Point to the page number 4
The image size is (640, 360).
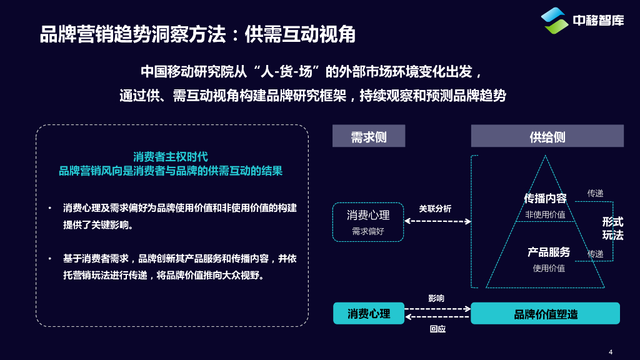[611, 351]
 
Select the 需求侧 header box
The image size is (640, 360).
[369, 136]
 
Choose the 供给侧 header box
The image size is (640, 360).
[547, 136]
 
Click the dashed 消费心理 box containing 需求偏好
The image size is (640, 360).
[368, 222]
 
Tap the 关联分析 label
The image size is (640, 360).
[435, 209]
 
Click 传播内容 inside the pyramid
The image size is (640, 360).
[545, 199]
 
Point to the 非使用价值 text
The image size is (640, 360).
[545, 214]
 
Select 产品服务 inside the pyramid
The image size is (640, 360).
[549, 252]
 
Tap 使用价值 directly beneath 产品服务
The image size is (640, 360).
[549, 268]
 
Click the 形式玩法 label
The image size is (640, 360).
[612, 229]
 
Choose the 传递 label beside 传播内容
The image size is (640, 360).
[595, 194]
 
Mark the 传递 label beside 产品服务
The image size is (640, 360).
[595, 254]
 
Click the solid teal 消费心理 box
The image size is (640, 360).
[368, 314]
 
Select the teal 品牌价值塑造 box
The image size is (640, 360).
[545, 314]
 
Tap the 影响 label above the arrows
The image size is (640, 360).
[436, 298]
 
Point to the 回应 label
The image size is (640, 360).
[437, 329]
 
